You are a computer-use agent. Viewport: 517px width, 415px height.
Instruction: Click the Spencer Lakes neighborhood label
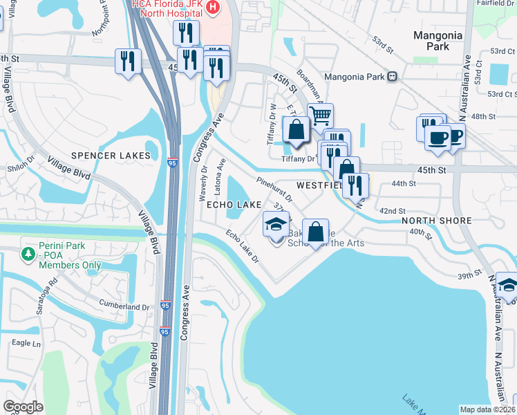pos(111,156)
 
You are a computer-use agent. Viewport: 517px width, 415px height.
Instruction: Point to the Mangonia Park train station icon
pos(392,77)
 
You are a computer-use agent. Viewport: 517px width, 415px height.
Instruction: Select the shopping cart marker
pos(320,116)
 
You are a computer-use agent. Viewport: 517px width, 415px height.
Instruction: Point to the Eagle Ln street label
pos(26,343)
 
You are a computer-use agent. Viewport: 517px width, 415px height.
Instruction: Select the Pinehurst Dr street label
pos(274,190)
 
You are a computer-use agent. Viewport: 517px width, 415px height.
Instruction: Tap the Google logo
pos(23,407)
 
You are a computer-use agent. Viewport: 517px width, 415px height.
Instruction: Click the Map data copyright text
pos(487,409)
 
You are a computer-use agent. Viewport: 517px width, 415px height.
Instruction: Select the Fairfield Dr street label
pos(495,3)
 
